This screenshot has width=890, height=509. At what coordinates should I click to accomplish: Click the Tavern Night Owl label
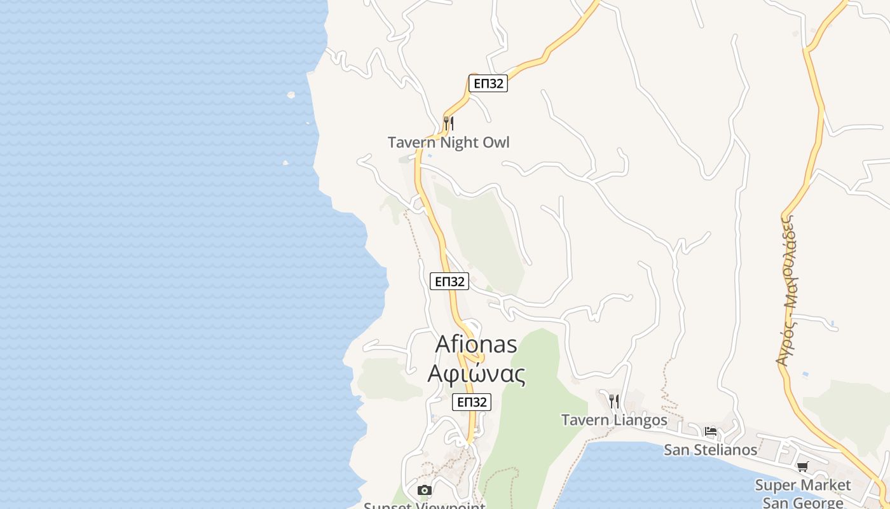tap(449, 143)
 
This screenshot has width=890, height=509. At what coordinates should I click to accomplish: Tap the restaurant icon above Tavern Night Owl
tap(448, 123)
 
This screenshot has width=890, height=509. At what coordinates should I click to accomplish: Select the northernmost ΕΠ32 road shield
tap(488, 83)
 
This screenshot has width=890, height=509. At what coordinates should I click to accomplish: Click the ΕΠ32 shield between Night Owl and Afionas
tap(449, 281)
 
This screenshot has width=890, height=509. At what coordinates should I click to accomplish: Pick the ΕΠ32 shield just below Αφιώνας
tap(472, 402)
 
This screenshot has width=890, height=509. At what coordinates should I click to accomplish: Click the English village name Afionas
tap(476, 344)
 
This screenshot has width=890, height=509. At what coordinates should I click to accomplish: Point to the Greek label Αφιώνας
tap(476, 374)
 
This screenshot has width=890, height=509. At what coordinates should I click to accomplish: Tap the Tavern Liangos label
tap(614, 420)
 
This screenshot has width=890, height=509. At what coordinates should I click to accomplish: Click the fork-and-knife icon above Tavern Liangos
tap(613, 401)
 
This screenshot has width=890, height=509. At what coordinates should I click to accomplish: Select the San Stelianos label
tap(710, 450)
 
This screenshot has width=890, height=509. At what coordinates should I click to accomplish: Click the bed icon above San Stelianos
tap(711, 431)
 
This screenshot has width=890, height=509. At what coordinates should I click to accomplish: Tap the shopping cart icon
tap(803, 466)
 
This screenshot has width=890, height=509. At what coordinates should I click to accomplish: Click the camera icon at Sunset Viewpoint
tap(425, 490)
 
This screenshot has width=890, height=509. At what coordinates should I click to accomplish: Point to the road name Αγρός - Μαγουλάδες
tap(788, 289)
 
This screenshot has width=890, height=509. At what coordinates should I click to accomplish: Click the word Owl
tap(496, 143)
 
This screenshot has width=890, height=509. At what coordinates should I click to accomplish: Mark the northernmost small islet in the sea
tap(291, 95)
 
